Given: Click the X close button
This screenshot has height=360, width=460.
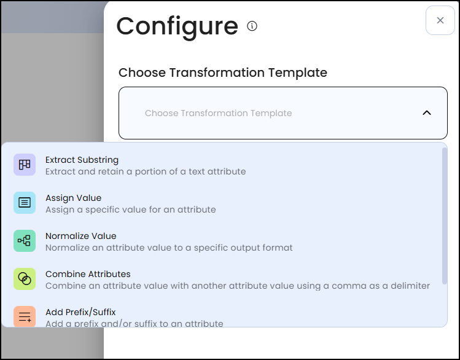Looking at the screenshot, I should tap(440, 20).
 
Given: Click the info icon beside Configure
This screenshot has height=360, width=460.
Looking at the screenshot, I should tap(252, 26).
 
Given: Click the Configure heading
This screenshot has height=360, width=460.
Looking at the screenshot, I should tap(177, 26).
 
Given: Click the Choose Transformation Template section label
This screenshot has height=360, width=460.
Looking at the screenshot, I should tap(222, 72).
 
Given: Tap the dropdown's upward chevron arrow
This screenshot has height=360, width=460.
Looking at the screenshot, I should tap(427, 113).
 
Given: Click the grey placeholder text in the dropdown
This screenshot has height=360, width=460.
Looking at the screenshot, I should tap(218, 113).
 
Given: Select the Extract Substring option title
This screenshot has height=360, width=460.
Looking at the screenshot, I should tap(82, 160).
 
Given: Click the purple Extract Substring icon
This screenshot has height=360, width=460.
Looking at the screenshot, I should tap(25, 165).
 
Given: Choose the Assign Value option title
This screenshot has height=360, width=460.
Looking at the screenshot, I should tap(73, 198).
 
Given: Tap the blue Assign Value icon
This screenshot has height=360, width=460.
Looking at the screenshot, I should tap(25, 203).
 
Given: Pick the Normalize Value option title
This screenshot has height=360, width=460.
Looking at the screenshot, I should tap(80, 236).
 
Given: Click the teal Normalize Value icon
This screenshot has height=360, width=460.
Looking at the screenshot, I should tap(25, 241).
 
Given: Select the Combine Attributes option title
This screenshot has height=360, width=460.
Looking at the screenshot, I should tap(88, 274).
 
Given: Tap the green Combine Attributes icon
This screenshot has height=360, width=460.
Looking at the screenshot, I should tap(25, 279).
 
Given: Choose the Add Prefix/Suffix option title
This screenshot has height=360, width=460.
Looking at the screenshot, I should tap(80, 312).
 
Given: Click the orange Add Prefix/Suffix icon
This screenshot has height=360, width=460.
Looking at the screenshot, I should tap(25, 316).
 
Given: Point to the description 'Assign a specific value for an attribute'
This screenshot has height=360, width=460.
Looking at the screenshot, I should tap(130, 209).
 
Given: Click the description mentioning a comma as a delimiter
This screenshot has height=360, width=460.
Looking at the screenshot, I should tap(237, 286).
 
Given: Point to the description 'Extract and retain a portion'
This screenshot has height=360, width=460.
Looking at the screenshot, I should tap(146, 171).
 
